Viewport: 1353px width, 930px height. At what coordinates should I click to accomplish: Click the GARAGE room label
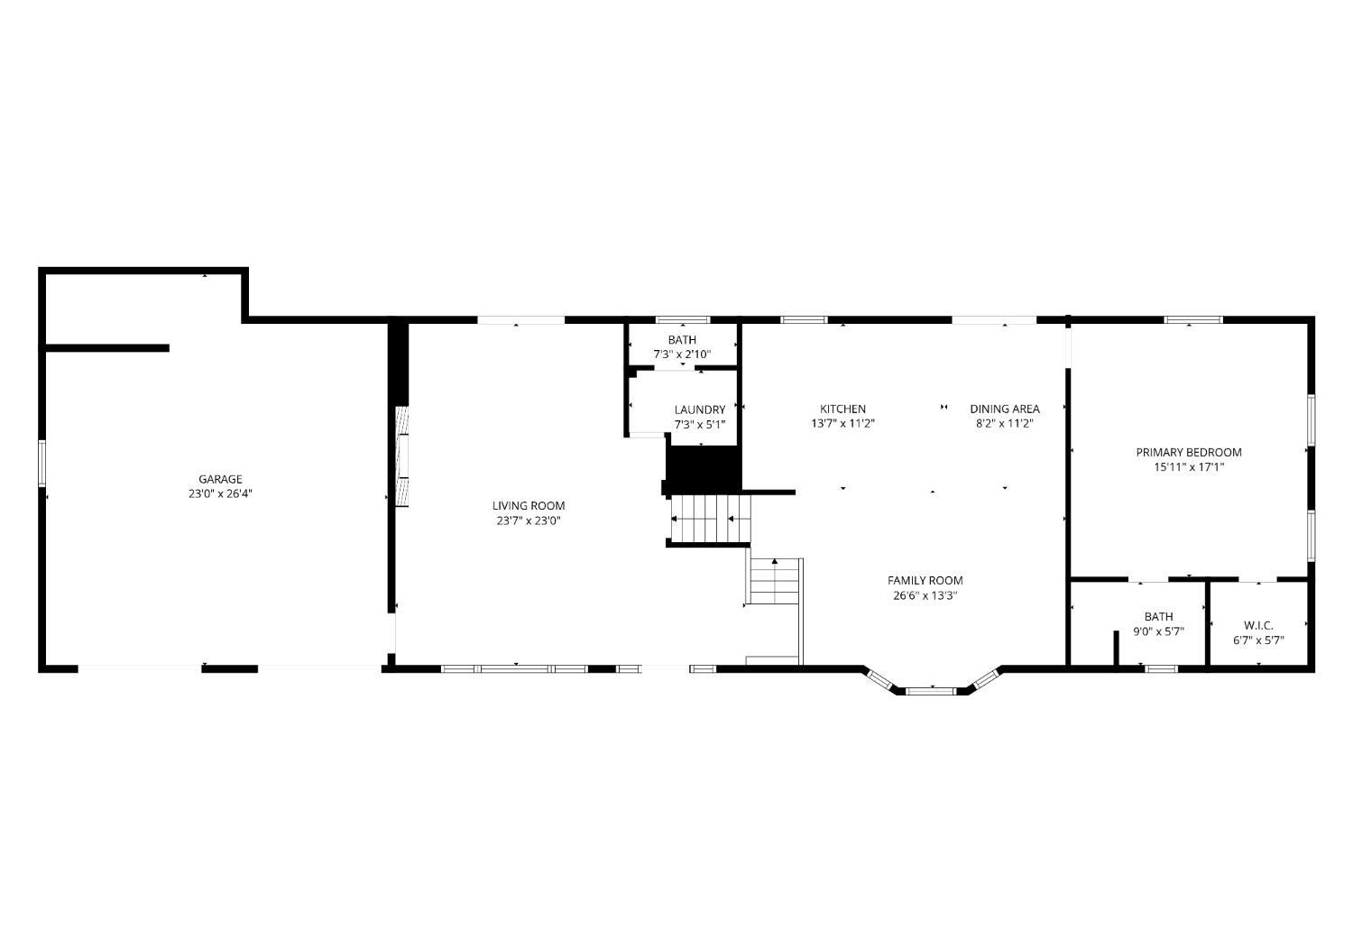tap(220, 479)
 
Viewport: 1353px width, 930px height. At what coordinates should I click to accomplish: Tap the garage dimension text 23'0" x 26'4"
tap(220, 493)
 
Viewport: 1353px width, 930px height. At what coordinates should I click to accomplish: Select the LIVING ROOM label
tap(529, 505)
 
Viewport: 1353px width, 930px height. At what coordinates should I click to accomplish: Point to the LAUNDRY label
tap(700, 410)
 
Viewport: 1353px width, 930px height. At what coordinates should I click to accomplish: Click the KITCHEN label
tap(842, 409)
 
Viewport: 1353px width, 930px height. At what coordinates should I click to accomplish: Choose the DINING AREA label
tap(1005, 409)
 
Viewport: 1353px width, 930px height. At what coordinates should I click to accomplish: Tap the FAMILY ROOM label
tap(925, 580)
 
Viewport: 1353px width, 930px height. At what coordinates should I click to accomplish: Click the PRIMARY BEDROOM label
tap(1189, 452)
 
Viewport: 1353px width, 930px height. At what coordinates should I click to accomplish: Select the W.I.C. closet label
tap(1259, 626)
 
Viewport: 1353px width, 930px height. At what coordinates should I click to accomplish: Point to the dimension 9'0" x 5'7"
tap(1158, 631)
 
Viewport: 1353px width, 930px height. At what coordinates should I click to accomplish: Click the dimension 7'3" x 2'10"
tap(683, 355)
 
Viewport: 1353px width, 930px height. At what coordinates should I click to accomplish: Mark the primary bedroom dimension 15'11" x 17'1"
tap(1189, 467)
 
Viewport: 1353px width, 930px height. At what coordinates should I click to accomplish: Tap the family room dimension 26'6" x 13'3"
tap(925, 595)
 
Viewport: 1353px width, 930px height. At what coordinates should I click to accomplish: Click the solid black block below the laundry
tap(704, 470)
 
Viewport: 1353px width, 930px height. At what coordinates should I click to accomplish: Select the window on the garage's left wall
tap(41, 463)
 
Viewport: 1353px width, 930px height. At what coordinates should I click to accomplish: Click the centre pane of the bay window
tap(932, 691)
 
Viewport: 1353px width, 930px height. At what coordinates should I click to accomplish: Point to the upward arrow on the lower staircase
tap(774, 562)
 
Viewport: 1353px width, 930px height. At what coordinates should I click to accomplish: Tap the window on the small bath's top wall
tap(683, 319)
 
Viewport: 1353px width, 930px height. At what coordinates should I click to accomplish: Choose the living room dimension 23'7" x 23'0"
tap(529, 520)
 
